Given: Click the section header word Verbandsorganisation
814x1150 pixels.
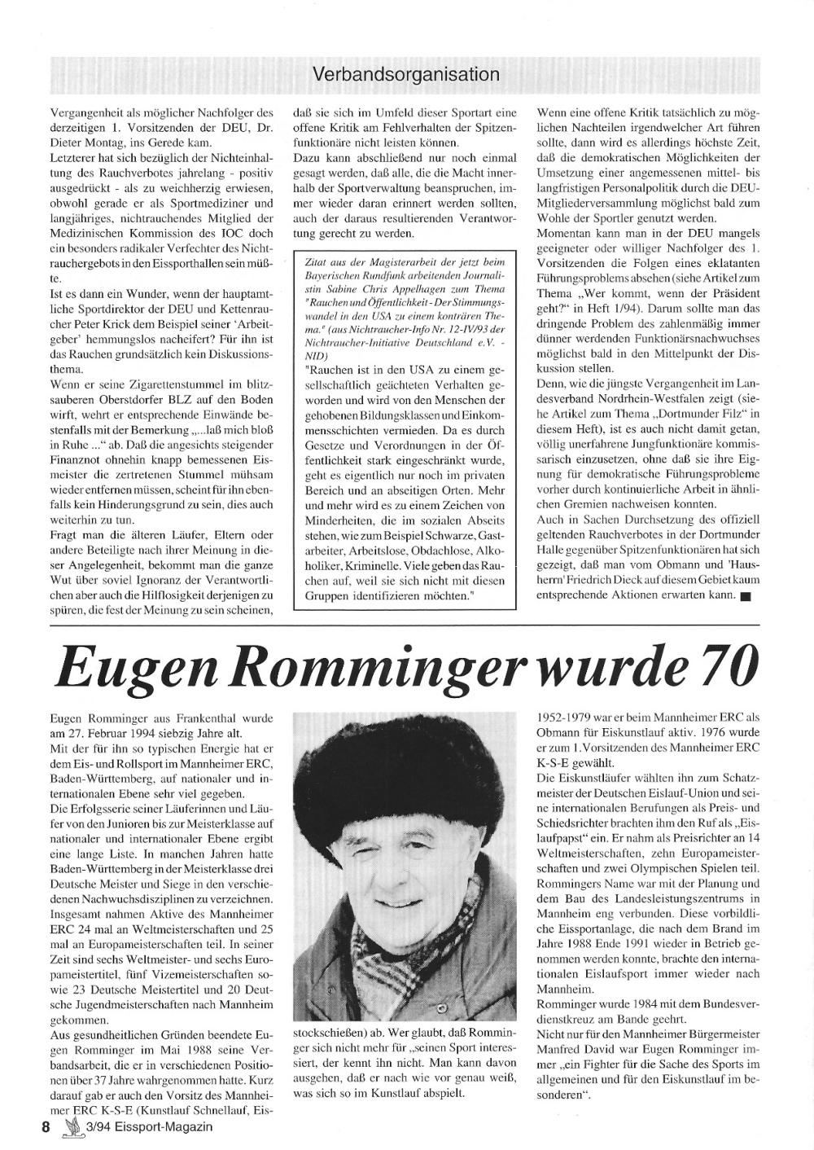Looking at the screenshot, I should click(405, 74).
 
